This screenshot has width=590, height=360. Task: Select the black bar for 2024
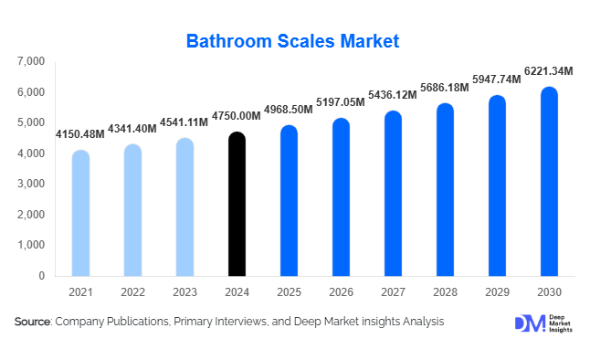pos(237,205)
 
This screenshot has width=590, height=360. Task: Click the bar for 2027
pos(393,194)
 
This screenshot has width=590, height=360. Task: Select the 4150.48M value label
pos(79,134)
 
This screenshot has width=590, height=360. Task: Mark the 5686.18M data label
pos(444,88)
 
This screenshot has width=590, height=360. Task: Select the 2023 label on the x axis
pos(184,292)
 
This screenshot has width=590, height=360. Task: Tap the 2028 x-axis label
pos(445,292)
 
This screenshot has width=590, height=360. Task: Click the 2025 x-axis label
pos(289,292)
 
